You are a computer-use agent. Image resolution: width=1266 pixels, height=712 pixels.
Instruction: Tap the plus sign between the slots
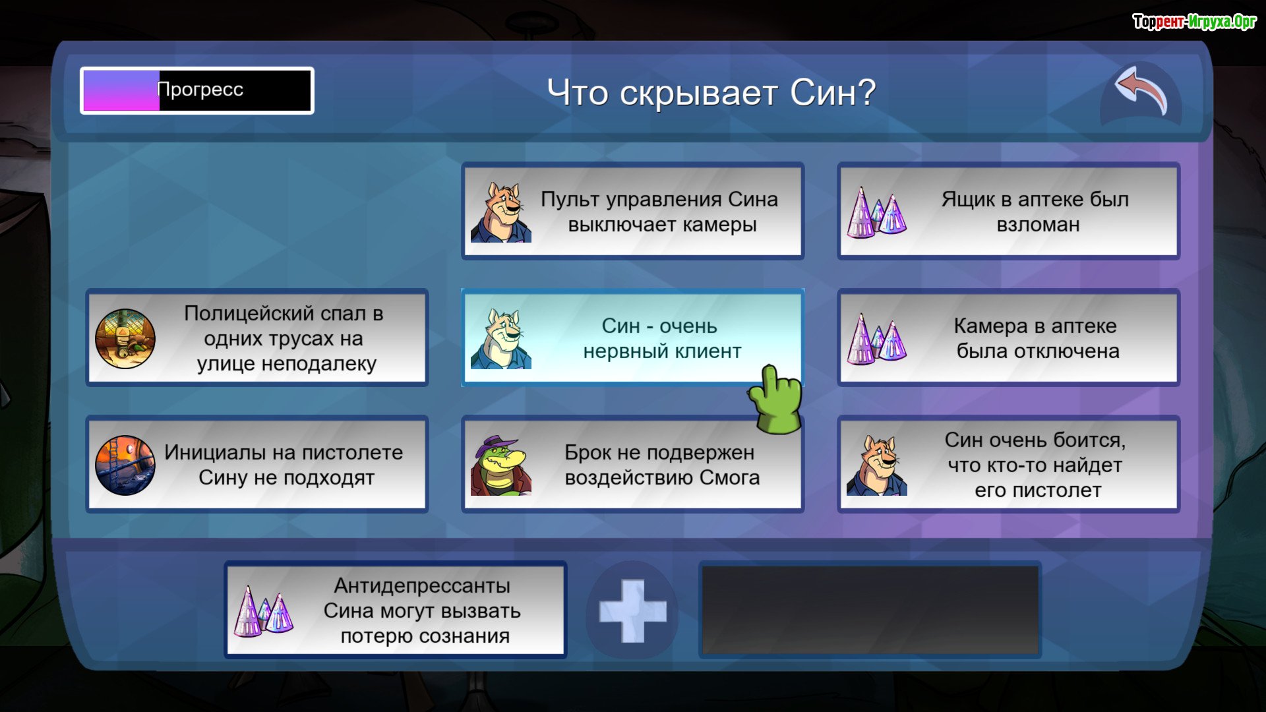point(632,611)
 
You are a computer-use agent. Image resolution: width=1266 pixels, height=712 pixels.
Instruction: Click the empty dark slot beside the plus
point(870,610)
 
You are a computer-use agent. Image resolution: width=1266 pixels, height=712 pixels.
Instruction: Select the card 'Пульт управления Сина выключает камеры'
point(632,212)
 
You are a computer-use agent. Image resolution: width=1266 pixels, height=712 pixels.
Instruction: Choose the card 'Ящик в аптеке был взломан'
point(1008,212)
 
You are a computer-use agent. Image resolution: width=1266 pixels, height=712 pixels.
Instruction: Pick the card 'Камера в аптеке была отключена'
point(1008,338)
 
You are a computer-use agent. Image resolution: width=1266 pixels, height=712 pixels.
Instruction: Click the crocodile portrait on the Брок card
point(500,465)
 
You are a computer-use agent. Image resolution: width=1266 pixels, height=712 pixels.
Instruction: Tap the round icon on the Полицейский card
point(125,338)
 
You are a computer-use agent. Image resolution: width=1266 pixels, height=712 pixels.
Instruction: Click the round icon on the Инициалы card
point(125,465)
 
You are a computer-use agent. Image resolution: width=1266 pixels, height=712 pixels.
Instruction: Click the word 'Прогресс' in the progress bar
point(200,90)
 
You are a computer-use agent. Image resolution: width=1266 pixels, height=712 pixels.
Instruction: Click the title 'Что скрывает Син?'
point(711,92)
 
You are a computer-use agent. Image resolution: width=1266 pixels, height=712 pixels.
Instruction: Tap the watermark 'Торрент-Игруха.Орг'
point(1194,22)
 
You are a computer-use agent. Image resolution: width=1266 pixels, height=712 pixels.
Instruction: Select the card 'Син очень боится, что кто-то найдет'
point(1008,465)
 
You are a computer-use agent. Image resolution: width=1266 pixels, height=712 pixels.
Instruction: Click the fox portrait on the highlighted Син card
point(500,339)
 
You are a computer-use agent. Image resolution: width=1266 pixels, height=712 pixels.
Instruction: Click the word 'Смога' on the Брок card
point(729,477)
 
